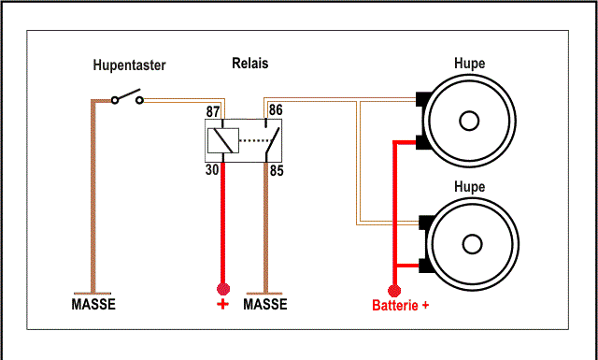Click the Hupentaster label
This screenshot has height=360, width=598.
coord(129,65)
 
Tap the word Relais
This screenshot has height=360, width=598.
coord(250,63)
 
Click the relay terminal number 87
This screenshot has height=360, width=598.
coord(213,112)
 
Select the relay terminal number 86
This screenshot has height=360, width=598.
coord(276,110)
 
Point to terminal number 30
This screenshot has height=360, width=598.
coord(212,170)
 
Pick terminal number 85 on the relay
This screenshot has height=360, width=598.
coord(277,170)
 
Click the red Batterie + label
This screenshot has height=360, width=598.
coord(401,306)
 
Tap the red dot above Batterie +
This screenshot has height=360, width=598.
coord(394,291)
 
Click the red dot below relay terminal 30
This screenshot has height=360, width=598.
coord(223,289)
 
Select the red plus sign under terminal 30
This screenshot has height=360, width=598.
coord(222,304)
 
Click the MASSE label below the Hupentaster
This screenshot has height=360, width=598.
coord(93,304)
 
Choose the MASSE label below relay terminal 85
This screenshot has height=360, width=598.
coord(265,304)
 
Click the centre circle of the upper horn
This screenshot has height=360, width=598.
coord(469,121)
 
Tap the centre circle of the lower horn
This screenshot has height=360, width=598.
coord(472,244)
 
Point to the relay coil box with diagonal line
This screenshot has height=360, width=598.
coord(223,140)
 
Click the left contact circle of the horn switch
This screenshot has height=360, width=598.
coord(115,100)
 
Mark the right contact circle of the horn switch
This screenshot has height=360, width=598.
coord(140,100)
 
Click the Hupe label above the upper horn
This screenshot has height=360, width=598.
coord(469,63)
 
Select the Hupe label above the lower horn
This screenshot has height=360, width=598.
coord(469,186)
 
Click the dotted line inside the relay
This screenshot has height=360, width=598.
coord(255,140)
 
